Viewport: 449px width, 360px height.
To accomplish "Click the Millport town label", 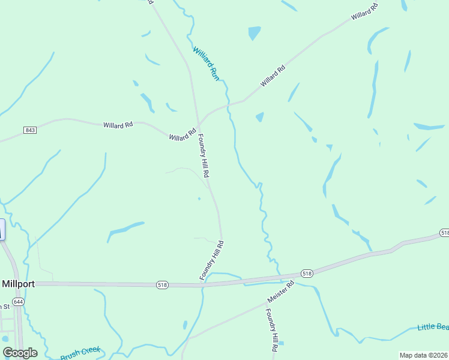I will coord(18,284).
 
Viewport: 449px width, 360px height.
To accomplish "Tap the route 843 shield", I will coord(30,130).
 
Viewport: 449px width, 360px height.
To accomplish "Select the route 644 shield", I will coord(19,302).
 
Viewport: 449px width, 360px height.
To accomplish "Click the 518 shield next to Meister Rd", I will coord(307,274).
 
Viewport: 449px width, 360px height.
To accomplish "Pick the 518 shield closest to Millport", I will coord(161,284).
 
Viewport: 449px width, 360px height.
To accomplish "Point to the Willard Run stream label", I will coord(205,63).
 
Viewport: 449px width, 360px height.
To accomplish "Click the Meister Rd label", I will coord(280,292).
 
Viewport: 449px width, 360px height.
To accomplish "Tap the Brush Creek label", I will coord(80,353).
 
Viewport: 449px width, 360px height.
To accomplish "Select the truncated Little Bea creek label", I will coord(433,326).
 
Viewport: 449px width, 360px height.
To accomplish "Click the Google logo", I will coord(20,352).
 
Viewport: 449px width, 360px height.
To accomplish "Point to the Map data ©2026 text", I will coord(423,355).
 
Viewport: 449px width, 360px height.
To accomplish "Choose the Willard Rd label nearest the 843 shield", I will coord(118,125).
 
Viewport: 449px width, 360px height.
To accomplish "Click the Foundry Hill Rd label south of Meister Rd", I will coord(272,329).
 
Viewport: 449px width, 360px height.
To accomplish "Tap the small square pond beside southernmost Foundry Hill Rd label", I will coord(281,344).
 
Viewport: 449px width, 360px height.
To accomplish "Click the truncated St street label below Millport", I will coord(5,307).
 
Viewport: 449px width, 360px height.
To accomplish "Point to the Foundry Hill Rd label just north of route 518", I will coord(212,260).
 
